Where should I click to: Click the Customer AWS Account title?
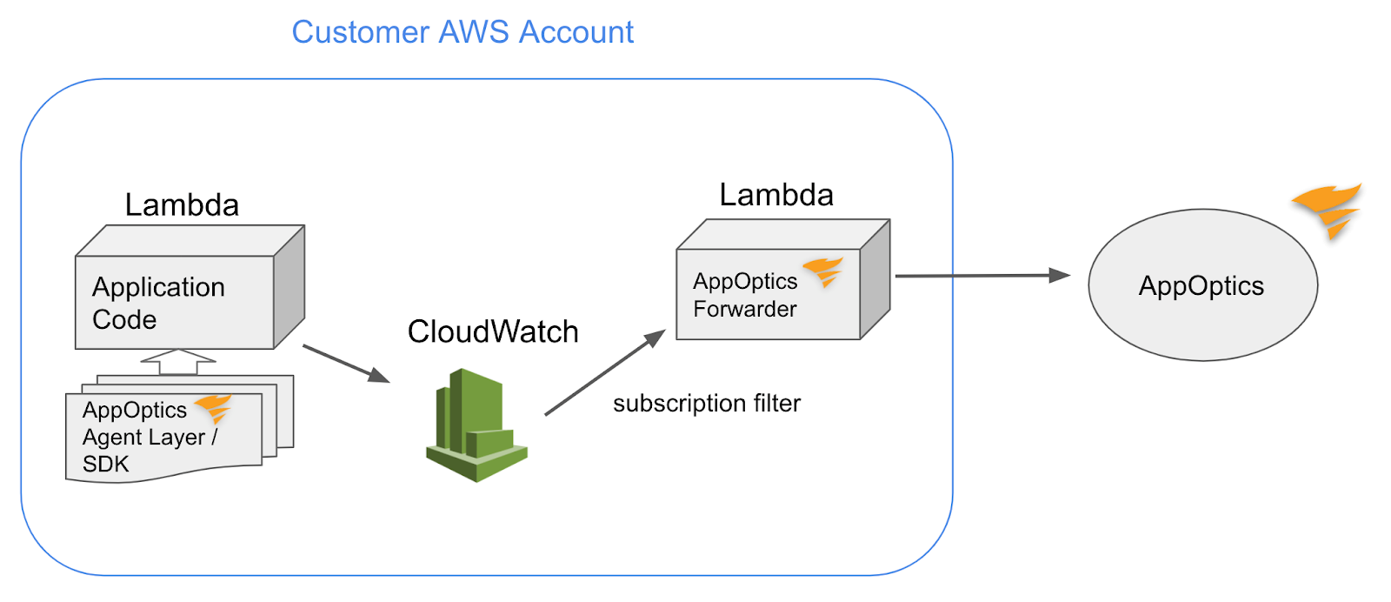(x=463, y=32)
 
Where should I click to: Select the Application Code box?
(x=175, y=301)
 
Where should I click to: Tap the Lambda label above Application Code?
(x=182, y=205)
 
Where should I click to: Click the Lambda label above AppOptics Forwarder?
(x=776, y=195)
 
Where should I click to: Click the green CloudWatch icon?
(x=476, y=425)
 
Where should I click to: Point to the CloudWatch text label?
(x=493, y=331)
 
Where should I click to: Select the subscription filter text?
(x=707, y=404)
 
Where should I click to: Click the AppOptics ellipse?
(x=1202, y=285)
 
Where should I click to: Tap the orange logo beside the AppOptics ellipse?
(x=1328, y=210)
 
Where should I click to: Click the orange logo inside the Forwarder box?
(x=823, y=271)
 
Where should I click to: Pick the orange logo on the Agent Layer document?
(x=213, y=407)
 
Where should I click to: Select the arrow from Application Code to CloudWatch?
(x=345, y=364)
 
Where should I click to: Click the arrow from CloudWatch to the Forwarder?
(x=604, y=373)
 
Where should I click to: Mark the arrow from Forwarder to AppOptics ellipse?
(x=982, y=276)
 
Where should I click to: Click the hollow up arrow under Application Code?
(x=178, y=362)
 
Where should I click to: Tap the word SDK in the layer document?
(x=106, y=465)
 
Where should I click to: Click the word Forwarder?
(x=745, y=310)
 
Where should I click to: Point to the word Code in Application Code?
(x=124, y=320)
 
